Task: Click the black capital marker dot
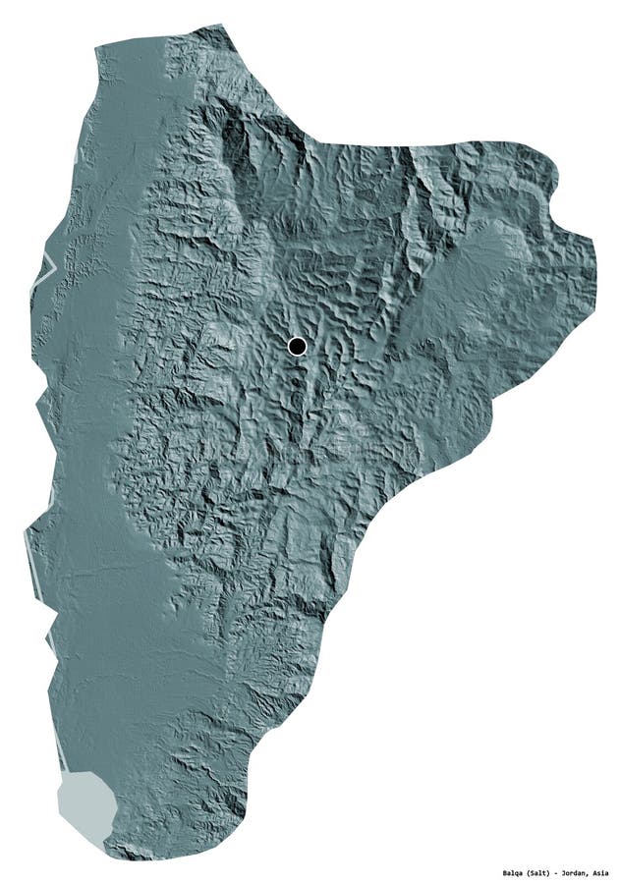pyautogui.click(x=297, y=346)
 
